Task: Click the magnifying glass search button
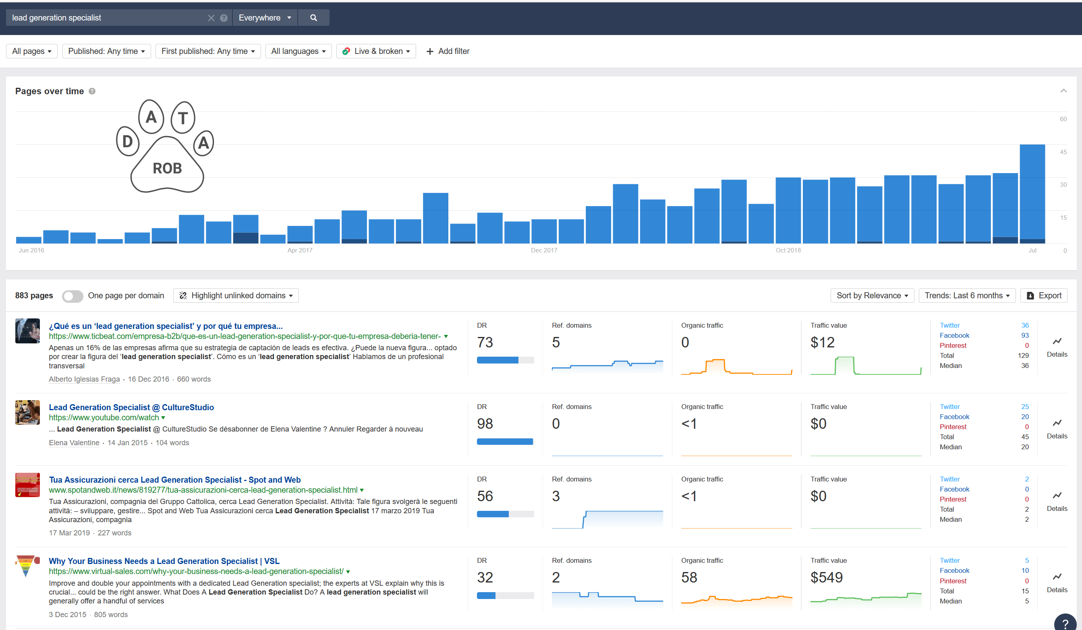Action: pyautogui.click(x=313, y=18)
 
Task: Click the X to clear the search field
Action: pyautogui.click(x=211, y=18)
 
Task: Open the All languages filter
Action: pyautogui.click(x=298, y=51)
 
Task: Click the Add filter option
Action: pyautogui.click(x=448, y=51)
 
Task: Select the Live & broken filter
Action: pyautogui.click(x=376, y=51)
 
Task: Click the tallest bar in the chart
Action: pyautogui.click(x=1032, y=193)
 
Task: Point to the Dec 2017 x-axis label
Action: pyautogui.click(x=543, y=250)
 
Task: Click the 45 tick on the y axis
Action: pyautogui.click(x=1063, y=152)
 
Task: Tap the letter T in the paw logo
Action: pyautogui.click(x=183, y=118)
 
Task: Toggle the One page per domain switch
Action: pyautogui.click(x=72, y=296)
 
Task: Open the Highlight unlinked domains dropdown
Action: pyautogui.click(x=236, y=296)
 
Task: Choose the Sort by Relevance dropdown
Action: pyautogui.click(x=872, y=296)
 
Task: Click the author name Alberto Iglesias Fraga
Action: pyautogui.click(x=84, y=379)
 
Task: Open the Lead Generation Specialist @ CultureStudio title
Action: pyautogui.click(x=131, y=407)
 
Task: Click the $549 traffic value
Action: pyautogui.click(x=826, y=577)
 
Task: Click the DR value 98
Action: pyautogui.click(x=485, y=423)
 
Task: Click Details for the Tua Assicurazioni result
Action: pyautogui.click(x=1057, y=501)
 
